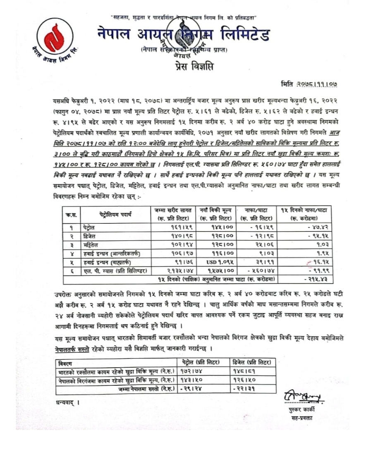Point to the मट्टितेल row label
90,244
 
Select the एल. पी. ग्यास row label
110,270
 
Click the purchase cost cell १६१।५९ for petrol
173,227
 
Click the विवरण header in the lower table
65,363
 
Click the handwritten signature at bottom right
303,398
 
